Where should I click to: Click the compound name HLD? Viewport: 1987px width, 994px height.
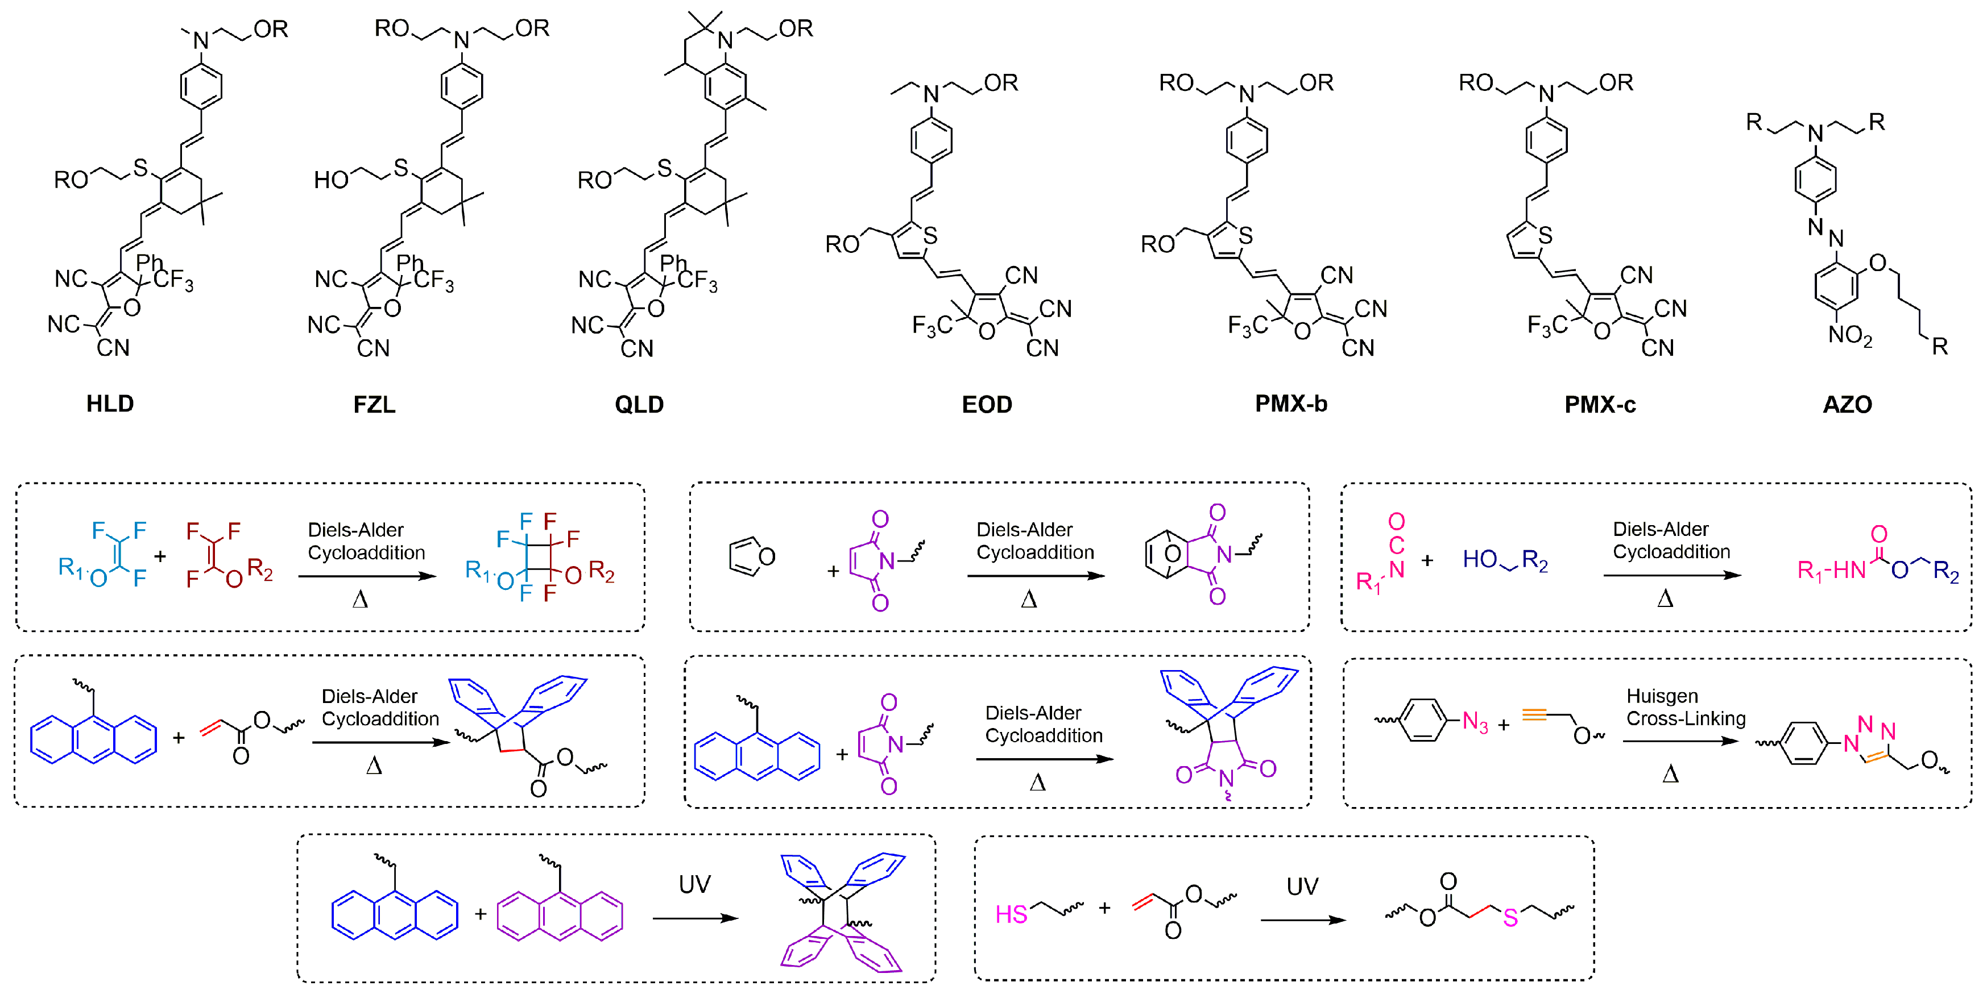pyautogui.click(x=110, y=404)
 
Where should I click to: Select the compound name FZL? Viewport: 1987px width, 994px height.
pyautogui.click(x=374, y=404)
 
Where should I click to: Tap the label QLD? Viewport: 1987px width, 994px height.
pyautogui.click(x=639, y=404)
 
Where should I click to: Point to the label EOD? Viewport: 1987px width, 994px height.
pyautogui.click(x=987, y=404)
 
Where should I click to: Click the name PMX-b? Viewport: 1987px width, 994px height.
pyautogui.click(x=1290, y=404)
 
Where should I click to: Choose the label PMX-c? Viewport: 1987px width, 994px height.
pyautogui.click(x=1599, y=404)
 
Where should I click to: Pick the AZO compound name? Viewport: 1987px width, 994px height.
pyautogui.click(x=1847, y=404)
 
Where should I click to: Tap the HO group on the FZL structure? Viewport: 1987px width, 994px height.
pyautogui.click(x=331, y=180)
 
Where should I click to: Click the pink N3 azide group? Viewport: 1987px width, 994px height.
pyautogui.click(x=1474, y=722)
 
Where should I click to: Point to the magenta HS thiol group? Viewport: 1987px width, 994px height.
pyautogui.click(x=1011, y=914)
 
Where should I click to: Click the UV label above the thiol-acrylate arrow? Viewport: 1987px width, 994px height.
pyautogui.click(x=1302, y=886)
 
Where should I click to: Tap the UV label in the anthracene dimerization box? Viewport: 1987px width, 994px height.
pyautogui.click(x=694, y=884)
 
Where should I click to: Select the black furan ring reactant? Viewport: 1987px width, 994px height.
pyautogui.click(x=751, y=556)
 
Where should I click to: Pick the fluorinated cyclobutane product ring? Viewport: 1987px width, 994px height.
pyautogui.click(x=539, y=558)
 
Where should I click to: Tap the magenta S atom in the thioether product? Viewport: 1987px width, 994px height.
pyautogui.click(x=1510, y=917)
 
